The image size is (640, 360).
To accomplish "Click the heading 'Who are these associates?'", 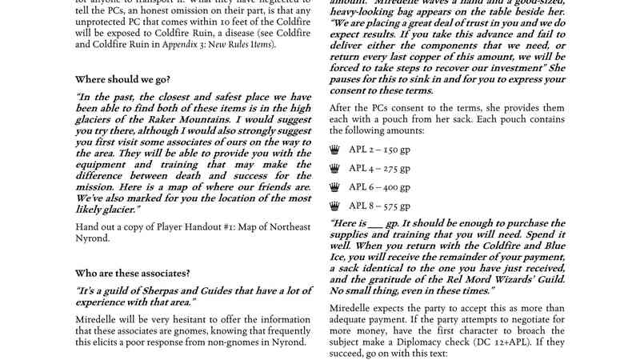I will click(133, 274).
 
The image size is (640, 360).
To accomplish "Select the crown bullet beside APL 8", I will click(334, 206).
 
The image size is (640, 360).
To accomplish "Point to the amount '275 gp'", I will click(395, 168).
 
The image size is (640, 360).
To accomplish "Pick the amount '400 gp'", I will click(396, 186).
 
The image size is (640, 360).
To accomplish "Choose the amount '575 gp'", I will click(395, 206).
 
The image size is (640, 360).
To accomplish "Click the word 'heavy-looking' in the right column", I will click(365, 14).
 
